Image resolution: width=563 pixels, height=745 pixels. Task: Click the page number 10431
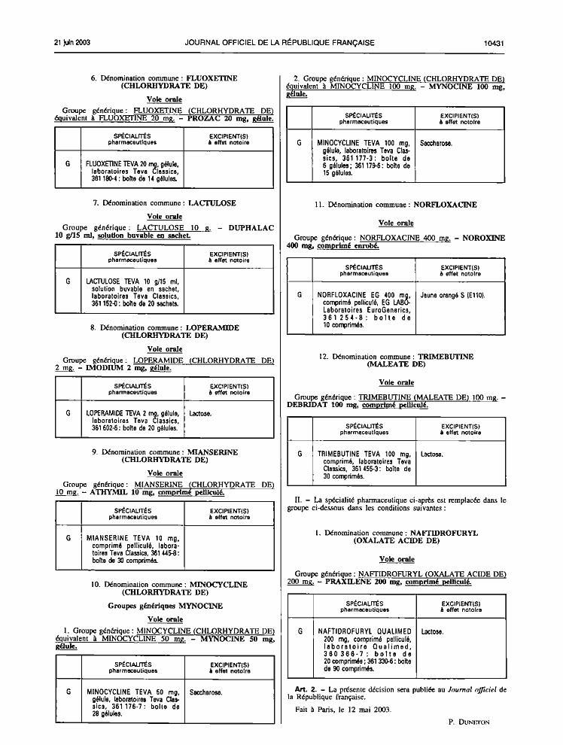click(x=494, y=43)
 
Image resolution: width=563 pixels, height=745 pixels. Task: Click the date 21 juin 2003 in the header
click(x=72, y=43)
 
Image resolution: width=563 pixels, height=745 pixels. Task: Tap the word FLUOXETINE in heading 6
click(x=212, y=78)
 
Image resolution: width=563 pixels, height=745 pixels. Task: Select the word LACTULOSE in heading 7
click(x=212, y=203)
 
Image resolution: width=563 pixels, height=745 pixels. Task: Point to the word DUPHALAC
click(x=251, y=228)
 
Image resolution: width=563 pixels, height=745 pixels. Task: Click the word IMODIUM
click(x=105, y=368)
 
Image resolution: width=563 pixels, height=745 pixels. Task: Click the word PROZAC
click(x=204, y=119)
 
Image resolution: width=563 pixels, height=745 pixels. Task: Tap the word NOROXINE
click(x=484, y=238)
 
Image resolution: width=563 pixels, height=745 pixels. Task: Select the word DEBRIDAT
click(x=307, y=406)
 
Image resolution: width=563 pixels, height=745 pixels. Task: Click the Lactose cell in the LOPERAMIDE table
click(x=200, y=414)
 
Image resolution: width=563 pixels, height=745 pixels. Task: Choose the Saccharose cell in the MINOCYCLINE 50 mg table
click(x=205, y=693)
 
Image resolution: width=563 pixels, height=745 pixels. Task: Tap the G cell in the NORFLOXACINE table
click(x=300, y=295)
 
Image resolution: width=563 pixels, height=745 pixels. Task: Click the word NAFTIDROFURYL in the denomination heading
click(x=444, y=533)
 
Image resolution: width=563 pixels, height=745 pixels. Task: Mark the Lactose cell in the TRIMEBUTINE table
click(x=432, y=455)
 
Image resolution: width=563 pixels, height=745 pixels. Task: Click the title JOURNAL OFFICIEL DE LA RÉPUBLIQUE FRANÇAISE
click(x=280, y=43)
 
